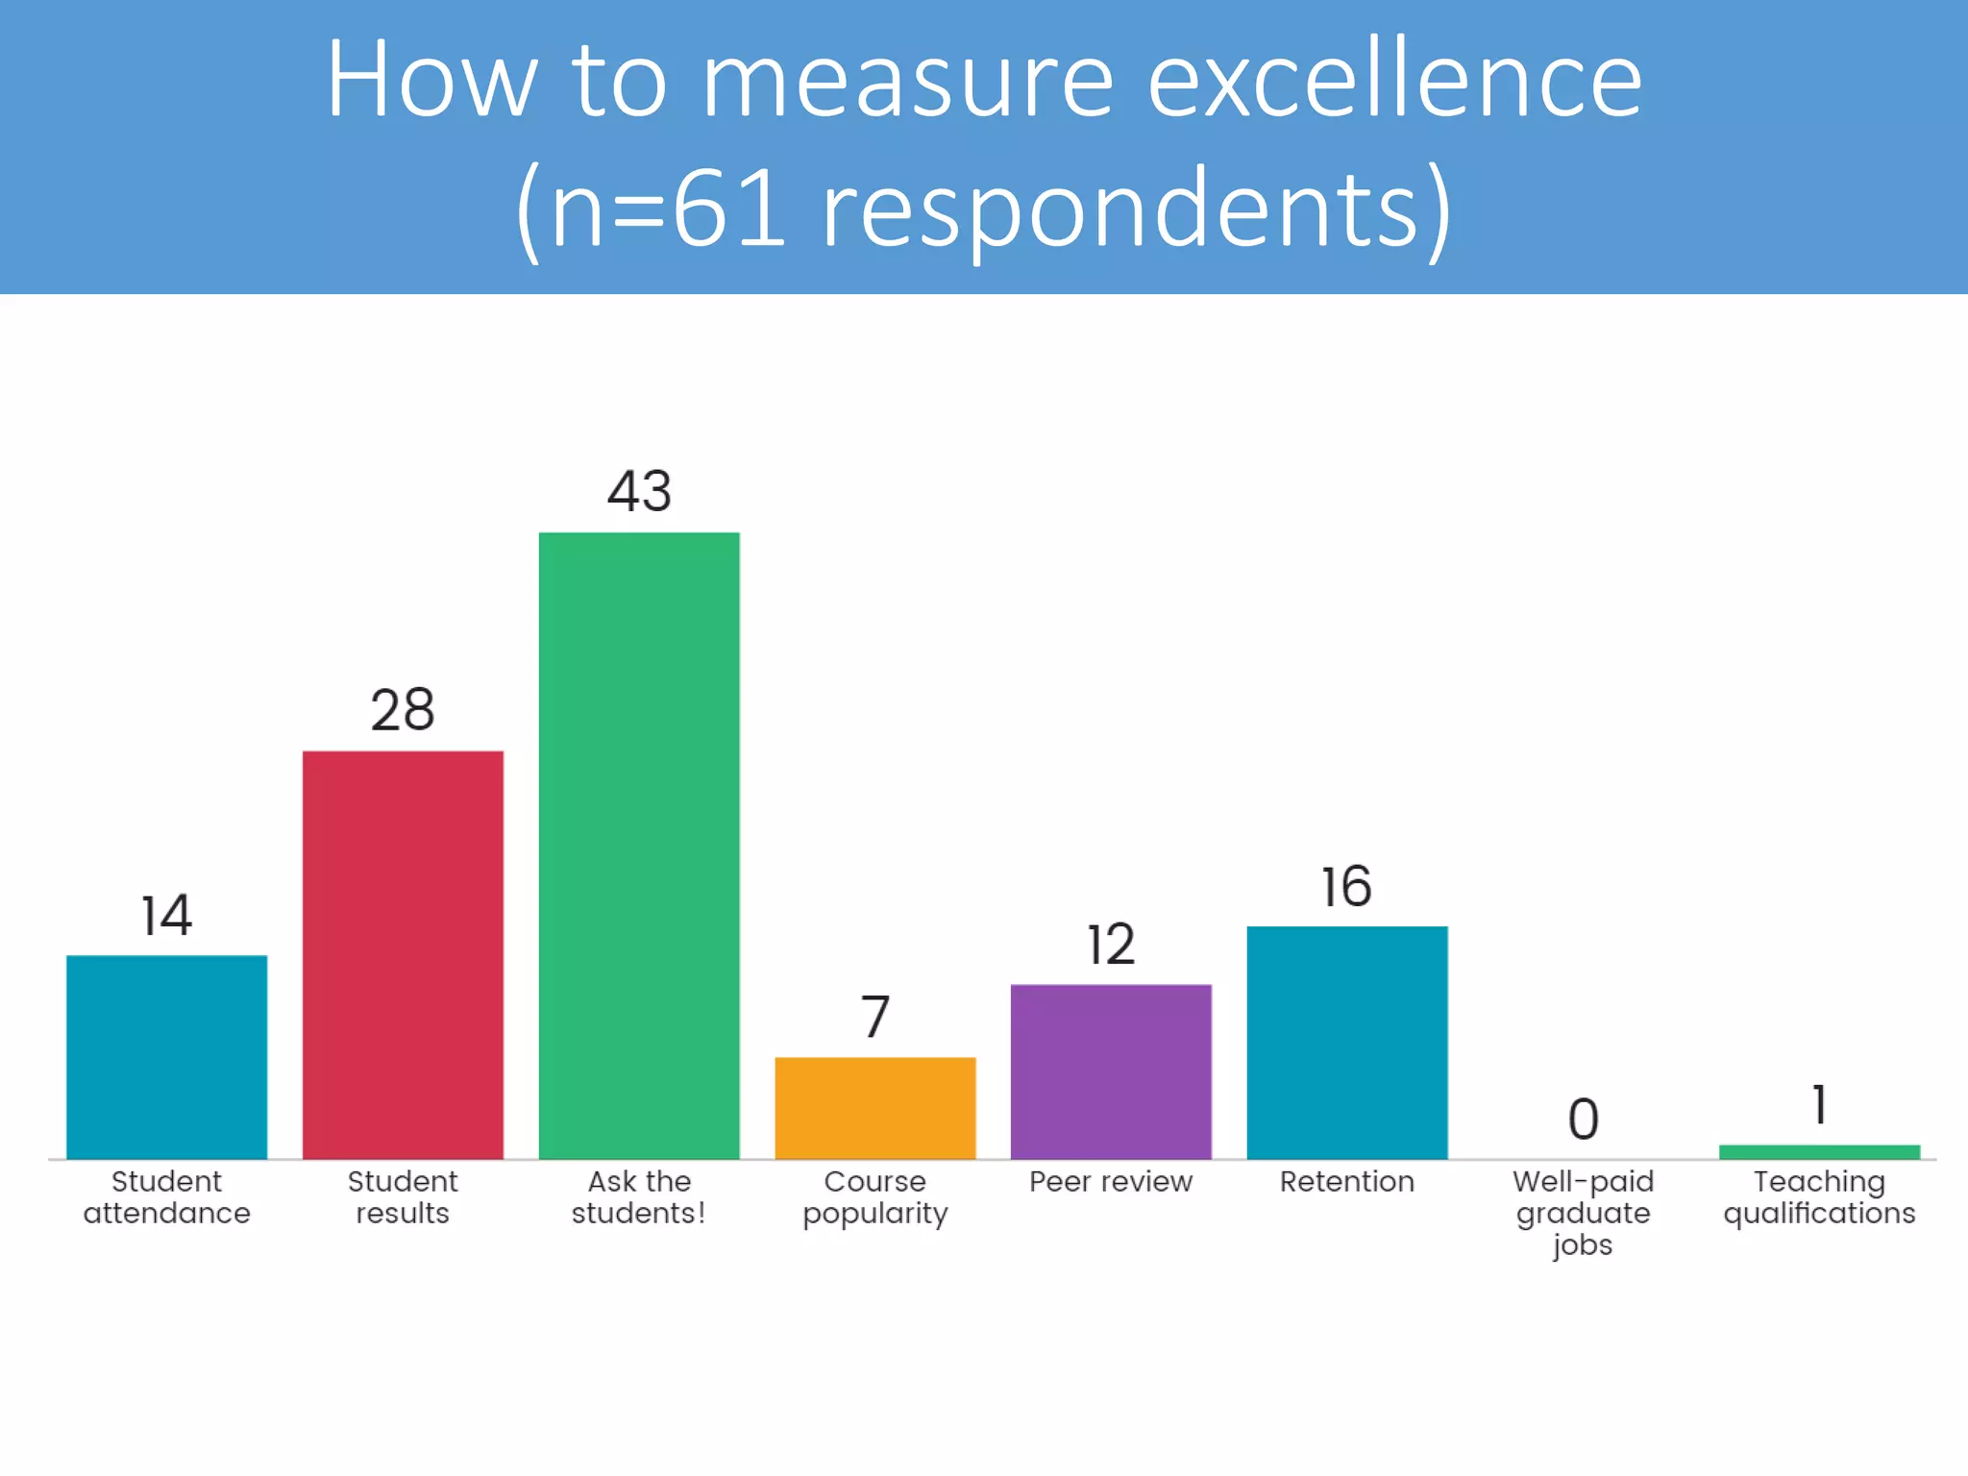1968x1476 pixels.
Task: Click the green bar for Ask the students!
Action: pos(639,846)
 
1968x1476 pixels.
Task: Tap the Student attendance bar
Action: pos(166,1056)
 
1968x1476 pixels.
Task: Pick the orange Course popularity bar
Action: pos(875,1107)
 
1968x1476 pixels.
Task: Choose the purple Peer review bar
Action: pos(1111,1071)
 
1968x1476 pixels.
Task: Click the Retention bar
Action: pos(1347,1042)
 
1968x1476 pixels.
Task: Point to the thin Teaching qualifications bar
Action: pos(1819,1152)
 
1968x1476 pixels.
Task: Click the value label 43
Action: pos(639,491)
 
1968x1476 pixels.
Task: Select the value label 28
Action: pos(403,710)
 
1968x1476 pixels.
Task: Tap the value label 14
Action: pos(166,915)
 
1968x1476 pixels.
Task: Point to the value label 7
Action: pos(875,1017)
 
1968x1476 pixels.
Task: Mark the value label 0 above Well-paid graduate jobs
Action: pos(1584,1119)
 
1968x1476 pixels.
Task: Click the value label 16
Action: pos(1346,886)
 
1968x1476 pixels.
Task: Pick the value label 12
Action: pos(1111,945)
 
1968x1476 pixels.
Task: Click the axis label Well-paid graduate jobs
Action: pos(1583,1213)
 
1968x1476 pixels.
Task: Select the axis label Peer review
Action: pos(1111,1181)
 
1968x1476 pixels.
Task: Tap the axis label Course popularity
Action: pos(875,1196)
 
